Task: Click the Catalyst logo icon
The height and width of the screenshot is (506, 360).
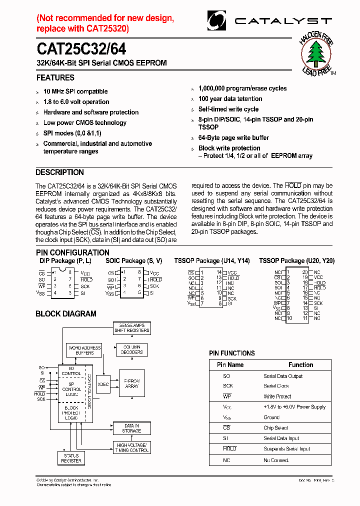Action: tap(216, 21)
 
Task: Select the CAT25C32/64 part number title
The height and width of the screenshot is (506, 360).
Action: tap(81, 49)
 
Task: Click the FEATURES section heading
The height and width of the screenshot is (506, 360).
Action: tap(55, 77)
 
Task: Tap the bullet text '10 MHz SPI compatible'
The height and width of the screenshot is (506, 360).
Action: tap(75, 91)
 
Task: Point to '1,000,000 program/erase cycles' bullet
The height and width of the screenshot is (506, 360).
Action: tap(242, 88)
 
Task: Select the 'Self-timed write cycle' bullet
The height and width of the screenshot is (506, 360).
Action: tap(228, 109)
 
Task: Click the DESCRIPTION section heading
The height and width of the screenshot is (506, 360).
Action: tap(59, 172)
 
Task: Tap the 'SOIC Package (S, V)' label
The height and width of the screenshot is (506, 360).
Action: tap(133, 261)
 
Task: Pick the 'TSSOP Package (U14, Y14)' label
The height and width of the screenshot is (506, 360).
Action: tap(212, 261)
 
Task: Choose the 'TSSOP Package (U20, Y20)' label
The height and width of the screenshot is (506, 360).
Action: tap(296, 261)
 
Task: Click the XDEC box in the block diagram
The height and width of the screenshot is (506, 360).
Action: tap(103, 384)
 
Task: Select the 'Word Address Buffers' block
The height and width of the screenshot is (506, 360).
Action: tap(84, 350)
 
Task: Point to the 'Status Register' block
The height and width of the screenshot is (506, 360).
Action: tap(71, 458)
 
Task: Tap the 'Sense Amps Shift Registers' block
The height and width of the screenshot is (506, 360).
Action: tap(132, 328)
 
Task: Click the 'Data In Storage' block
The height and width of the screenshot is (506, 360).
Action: tap(131, 428)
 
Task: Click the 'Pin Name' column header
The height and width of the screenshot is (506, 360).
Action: tap(230, 365)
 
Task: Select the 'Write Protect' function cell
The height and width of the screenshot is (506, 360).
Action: tap(277, 396)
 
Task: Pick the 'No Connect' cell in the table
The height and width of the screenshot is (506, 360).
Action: tap(276, 460)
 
